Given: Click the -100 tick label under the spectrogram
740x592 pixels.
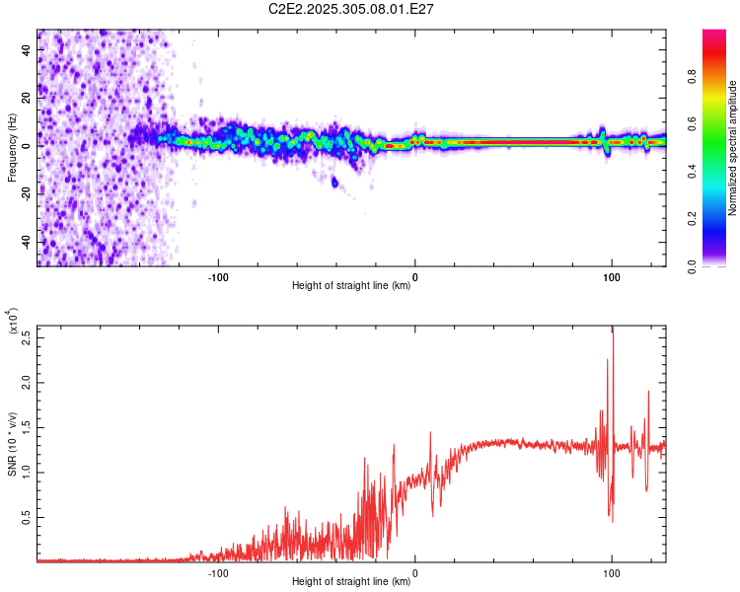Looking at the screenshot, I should [x=218, y=277].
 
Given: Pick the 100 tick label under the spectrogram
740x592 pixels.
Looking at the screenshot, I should [x=611, y=277].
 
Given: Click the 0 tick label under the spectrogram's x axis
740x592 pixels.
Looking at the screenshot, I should [x=415, y=277].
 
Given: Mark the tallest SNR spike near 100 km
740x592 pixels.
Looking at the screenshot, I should [x=614, y=330].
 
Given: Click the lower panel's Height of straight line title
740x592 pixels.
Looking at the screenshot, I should [x=351, y=581].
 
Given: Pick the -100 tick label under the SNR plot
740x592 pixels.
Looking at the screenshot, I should [x=218, y=571].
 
